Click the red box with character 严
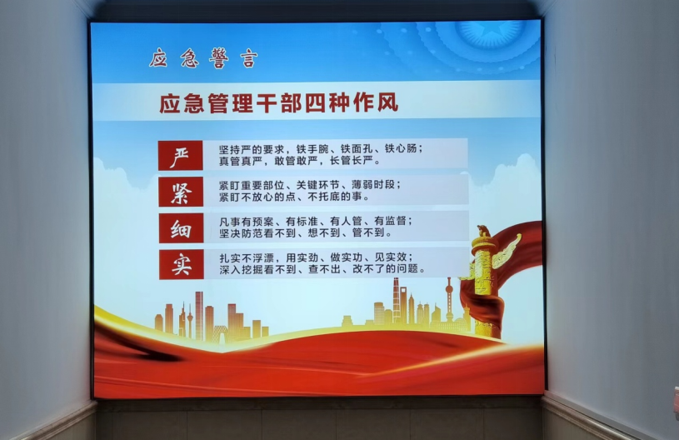[180, 156]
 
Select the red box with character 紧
[181, 192]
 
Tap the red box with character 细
[181, 227]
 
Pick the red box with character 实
[182, 264]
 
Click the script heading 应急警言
[203, 58]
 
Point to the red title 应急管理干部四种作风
[278, 103]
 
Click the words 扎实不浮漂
[247, 258]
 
